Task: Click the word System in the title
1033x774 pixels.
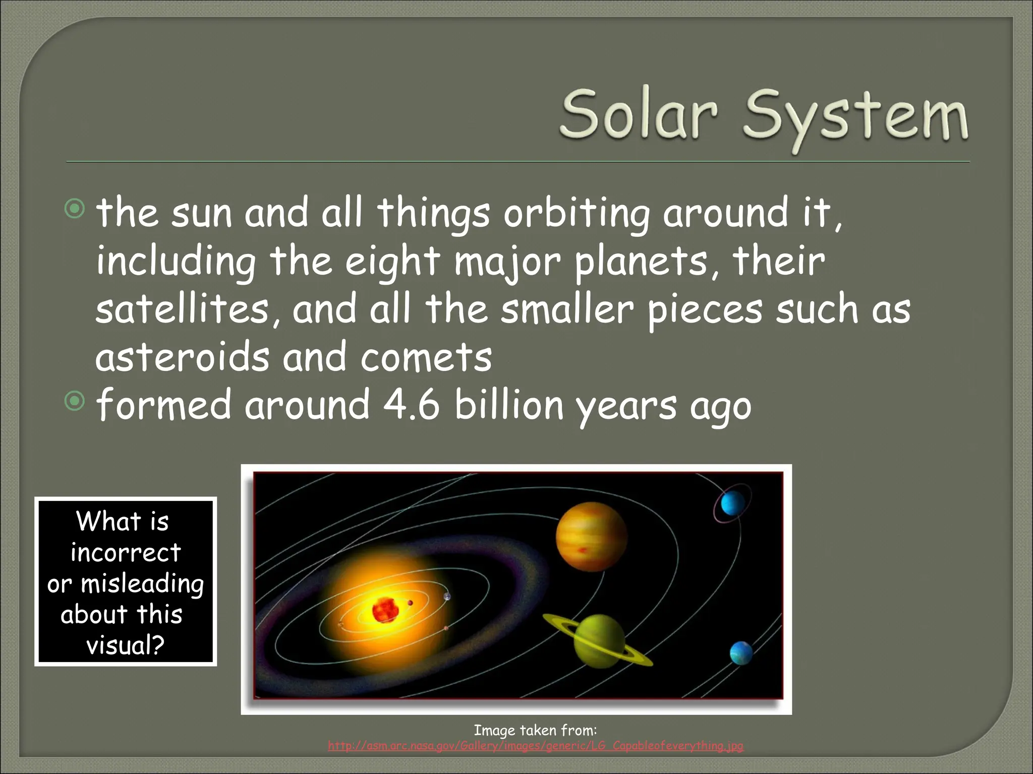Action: tap(855, 117)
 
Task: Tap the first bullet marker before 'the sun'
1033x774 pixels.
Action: tap(75, 209)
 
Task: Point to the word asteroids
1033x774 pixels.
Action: tap(182, 357)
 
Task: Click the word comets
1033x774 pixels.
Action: tap(426, 357)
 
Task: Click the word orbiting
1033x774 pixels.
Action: tap(577, 213)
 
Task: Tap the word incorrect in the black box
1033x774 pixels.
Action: tap(125, 552)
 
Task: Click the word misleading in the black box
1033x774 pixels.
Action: tap(142, 584)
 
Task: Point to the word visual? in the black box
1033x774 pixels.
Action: tap(125, 646)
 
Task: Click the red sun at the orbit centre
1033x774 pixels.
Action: tap(385, 610)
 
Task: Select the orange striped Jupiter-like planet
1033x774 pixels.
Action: tap(591, 538)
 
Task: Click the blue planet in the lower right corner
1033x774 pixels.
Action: tap(741, 653)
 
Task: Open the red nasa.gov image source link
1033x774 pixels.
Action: tap(535, 746)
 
